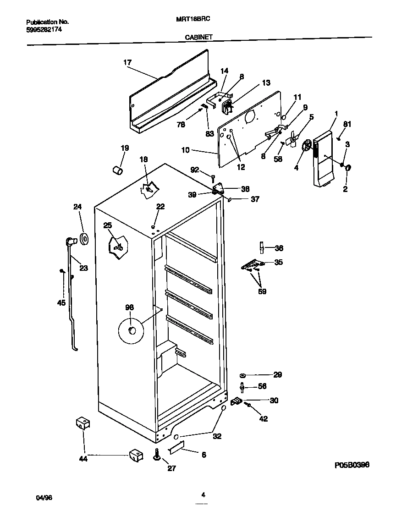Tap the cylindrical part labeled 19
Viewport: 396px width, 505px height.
pos(118,170)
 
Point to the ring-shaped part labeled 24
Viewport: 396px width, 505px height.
pos(84,239)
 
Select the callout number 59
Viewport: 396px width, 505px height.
pos(262,291)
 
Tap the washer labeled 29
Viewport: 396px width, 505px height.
pos(242,375)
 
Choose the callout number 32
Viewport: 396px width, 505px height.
pos(217,436)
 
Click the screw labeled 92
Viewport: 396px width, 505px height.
pos(214,177)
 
